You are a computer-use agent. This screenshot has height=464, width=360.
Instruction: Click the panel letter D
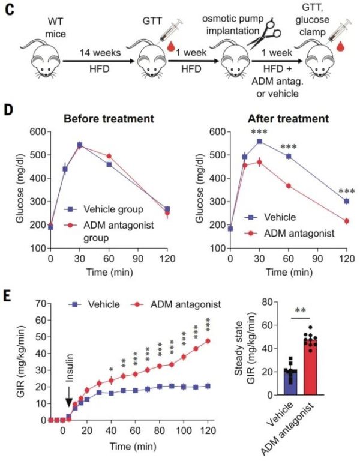10,112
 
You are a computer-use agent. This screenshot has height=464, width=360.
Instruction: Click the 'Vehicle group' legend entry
106,209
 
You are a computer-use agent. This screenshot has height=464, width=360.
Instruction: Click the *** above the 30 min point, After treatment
259,133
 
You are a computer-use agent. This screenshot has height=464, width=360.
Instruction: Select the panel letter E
9,297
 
